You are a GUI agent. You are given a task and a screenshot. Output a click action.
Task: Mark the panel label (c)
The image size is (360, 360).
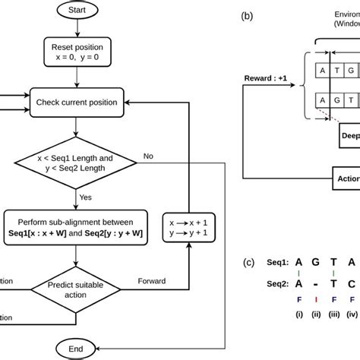tap(248, 263)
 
